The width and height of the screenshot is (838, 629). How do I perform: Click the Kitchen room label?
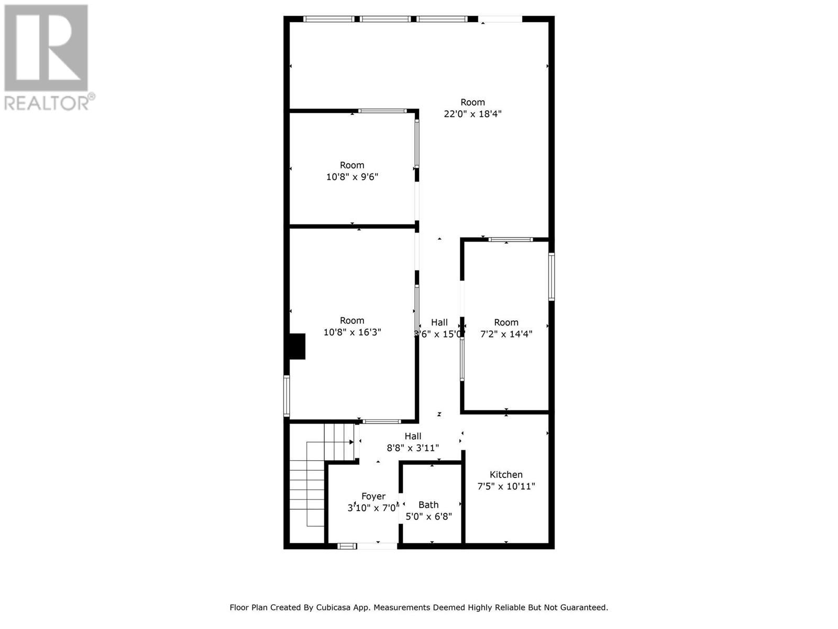tap(506, 474)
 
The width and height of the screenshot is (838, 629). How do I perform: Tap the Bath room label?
tap(428, 505)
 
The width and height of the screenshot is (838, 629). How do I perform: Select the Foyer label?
tap(373, 496)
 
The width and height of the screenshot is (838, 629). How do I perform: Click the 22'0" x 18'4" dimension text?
tap(472, 114)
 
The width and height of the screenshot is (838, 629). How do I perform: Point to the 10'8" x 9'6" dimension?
tap(352, 177)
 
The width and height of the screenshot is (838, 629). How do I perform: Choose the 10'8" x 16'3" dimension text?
tap(352, 332)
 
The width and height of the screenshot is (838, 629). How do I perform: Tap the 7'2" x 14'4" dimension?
tap(506, 334)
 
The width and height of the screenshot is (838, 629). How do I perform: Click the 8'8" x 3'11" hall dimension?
tap(413, 448)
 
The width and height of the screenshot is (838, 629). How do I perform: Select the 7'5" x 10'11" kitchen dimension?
tap(506, 486)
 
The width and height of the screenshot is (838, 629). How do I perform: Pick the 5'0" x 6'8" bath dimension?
tap(428, 517)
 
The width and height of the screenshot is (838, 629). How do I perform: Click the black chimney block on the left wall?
tap(297, 346)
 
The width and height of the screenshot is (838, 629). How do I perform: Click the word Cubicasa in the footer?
tap(336, 608)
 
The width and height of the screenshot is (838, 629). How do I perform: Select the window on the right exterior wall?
tap(552, 277)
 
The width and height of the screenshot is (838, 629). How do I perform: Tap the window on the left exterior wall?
tap(286, 396)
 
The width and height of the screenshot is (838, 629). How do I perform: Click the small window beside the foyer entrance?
tap(346, 546)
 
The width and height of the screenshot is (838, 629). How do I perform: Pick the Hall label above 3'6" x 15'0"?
tap(439, 322)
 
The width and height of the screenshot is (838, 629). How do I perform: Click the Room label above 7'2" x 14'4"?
tap(506, 322)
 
